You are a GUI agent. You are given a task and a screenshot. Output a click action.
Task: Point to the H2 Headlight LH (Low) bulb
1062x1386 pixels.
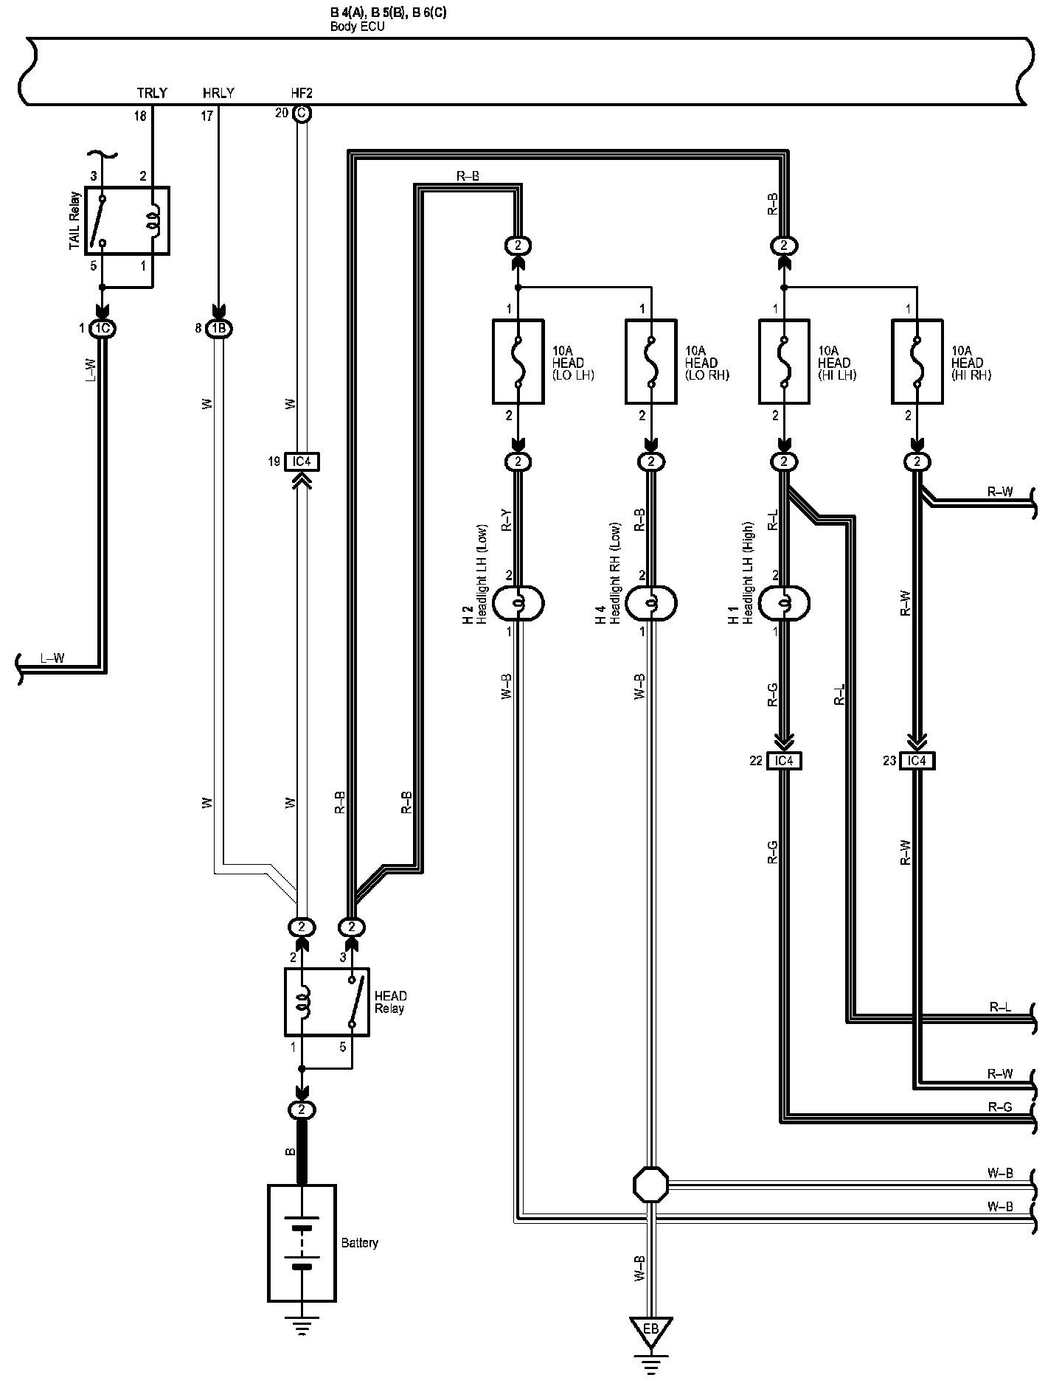(x=518, y=604)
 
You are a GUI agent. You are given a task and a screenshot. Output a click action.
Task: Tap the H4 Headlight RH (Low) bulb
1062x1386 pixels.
(x=650, y=604)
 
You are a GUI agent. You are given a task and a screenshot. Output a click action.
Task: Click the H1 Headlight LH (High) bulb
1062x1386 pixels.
(x=784, y=604)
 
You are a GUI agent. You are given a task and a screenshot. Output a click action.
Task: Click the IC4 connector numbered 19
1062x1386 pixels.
(x=302, y=462)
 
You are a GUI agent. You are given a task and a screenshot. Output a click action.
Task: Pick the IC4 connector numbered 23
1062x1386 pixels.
(x=917, y=760)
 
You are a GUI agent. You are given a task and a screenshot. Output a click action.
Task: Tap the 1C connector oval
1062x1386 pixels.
(x=102, y=329)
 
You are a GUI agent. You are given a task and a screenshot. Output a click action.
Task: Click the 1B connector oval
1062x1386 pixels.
(x=218, y=329)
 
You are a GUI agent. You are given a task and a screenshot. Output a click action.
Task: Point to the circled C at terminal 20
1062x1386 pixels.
(x=301, y=114)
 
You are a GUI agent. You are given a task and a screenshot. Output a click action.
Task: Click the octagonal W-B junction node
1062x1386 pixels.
(x=650, y=1183)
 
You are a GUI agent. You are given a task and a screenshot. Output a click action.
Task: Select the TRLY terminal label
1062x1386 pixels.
(x=152, y=94)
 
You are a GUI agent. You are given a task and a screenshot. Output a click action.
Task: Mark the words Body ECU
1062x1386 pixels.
(x=358, y=27)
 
